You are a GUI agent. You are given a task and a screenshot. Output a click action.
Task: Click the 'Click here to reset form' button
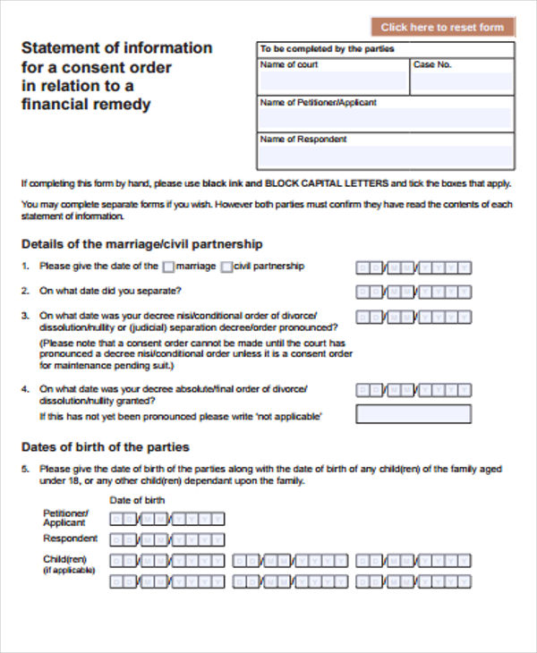click(442, 28)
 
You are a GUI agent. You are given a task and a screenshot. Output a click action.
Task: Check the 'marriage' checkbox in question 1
click(168, 267)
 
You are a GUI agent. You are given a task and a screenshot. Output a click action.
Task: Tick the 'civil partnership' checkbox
click(226, 267)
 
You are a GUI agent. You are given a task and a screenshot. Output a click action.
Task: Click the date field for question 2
click(413, 292)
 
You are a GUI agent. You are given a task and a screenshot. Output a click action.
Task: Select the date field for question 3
click(413, 317)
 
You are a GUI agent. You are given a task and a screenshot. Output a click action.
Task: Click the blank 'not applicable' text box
click(413, 414)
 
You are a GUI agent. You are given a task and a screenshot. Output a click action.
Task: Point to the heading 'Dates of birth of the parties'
click(105, 447)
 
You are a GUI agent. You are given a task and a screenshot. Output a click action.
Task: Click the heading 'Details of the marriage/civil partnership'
click(141, 243)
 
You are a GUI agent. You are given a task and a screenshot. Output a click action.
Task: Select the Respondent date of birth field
click(166, 540)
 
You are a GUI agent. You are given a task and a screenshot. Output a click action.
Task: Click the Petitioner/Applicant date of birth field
click(166, 519)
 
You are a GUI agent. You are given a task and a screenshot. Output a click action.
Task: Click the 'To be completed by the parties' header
click(327, 49)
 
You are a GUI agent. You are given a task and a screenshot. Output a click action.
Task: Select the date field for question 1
click(413, 267)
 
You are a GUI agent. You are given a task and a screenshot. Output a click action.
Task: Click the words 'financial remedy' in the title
click(86, 105)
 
